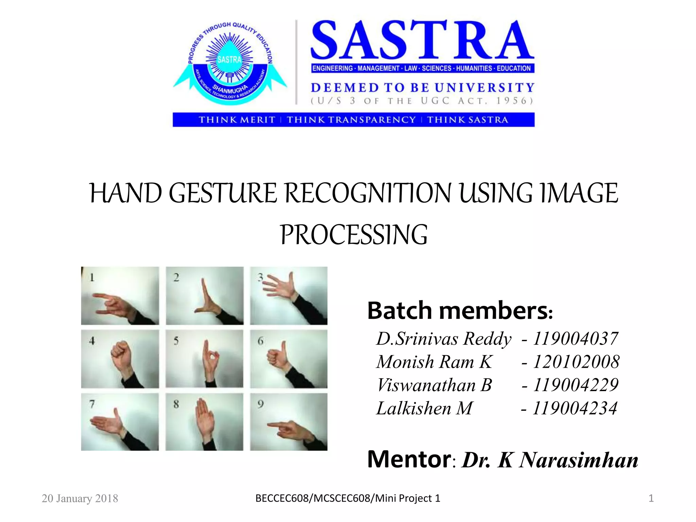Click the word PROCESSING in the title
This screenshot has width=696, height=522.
(353, 235)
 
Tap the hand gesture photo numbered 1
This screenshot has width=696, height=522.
(120, 296)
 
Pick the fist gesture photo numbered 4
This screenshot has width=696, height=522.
(120, 359)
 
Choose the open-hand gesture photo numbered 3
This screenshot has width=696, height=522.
(289, 296)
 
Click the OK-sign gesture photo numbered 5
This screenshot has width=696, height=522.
(205, 359)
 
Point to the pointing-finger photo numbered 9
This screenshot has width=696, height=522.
(289, 422)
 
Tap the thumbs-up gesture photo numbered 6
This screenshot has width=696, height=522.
(289, 359)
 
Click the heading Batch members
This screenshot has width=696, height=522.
(460, 311)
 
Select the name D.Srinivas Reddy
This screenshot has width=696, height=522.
(443, 339)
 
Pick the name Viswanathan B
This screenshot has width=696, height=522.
(434, 385)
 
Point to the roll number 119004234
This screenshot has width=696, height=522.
(574, 408)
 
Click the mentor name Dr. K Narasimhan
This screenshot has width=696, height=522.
(550, 460)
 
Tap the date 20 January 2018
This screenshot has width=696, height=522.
(80, 499)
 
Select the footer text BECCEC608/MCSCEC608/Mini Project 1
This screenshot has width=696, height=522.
(348, 499)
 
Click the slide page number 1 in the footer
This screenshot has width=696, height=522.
(651, 499)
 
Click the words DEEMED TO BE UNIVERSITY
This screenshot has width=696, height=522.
(422, 88)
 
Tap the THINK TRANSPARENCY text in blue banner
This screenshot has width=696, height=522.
(351, 120)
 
